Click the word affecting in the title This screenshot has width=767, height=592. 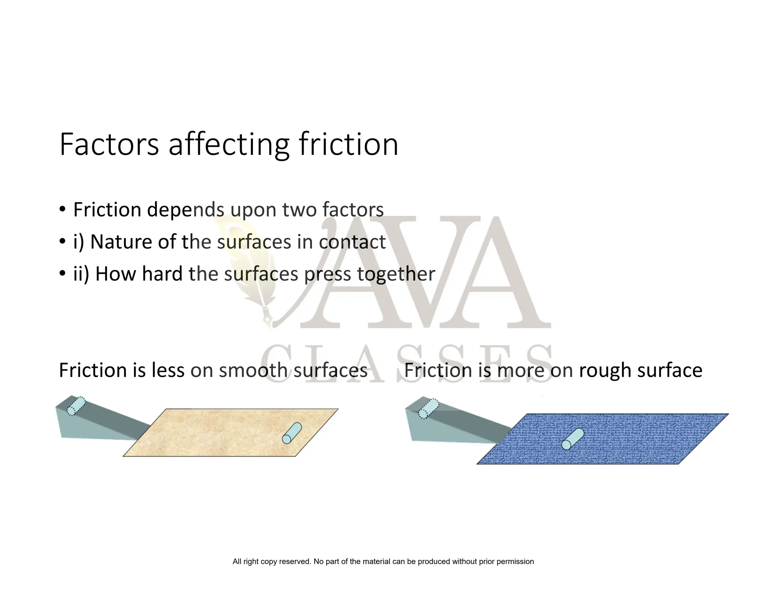[x=229, y=145]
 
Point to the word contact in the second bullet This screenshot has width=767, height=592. [x=352, y=242]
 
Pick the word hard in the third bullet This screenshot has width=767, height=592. [x=162, y=274]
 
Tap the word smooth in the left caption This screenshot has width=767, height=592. [x=253, y=370]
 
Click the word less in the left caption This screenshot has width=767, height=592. [x=168, y=370]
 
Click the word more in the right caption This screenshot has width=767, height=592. [x=521, y=370]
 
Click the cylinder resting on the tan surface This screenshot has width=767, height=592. [x=292, y=433]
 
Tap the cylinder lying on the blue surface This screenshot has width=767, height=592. [x=572, y=439]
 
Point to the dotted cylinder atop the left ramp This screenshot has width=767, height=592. [x=76, y=406]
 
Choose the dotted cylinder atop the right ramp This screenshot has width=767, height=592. [x=428, y=409]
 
